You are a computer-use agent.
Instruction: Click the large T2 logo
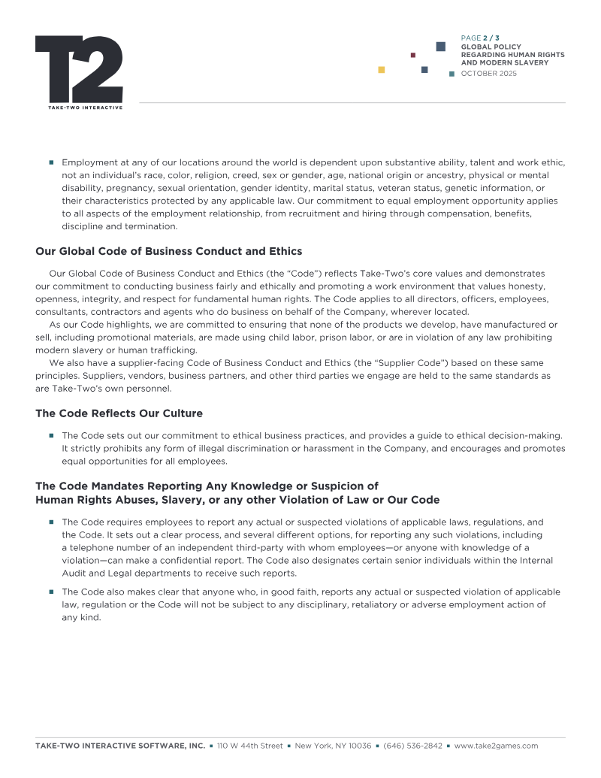[79, 69]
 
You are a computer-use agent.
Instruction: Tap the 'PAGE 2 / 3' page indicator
[480, 38]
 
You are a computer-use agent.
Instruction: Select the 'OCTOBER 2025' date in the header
[488, 74]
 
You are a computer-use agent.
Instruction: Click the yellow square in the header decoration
[382, 70]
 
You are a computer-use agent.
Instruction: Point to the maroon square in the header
[413, 55]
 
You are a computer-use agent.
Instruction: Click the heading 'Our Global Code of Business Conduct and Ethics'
[168, 251]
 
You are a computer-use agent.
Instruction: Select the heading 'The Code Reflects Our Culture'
[119, 413]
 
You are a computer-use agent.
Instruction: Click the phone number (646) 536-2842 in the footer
[412, 746]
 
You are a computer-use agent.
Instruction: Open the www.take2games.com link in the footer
[497, 746]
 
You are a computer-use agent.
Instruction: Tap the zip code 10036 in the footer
[358, 746]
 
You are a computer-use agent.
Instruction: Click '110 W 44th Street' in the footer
[250, 746]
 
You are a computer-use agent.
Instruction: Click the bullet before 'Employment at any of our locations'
[52, 163]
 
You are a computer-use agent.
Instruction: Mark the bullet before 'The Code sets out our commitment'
[52, 435]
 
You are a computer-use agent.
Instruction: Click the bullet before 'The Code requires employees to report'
[52, 522]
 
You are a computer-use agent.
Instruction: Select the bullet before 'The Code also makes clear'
[52, 592]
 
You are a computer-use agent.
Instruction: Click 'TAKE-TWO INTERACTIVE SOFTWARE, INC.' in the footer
[120, 746]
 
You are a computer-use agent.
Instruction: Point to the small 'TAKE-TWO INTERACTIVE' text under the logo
[79, 107]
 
